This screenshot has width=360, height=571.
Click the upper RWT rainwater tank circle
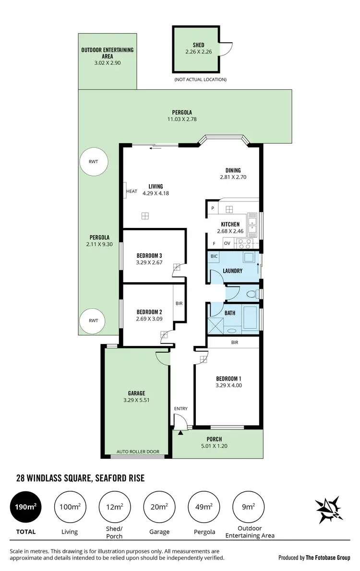pyautogui.click(x=93, y=162)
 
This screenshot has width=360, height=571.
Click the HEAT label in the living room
pyautogui.click(x=132, y=191)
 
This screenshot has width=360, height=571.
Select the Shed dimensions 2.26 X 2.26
pyautogui.click(x=198, y=51)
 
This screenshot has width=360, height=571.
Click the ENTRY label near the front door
pyautogui.click(x=180, y=409)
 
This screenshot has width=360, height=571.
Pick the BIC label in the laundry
pyautogui.click(x=214, y=257)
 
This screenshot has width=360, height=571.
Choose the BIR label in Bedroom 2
pyautogui.click(x=179, y=304)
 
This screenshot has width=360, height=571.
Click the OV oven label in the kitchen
pyautogui.click(x=227, y=243)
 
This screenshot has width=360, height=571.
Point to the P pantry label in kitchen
pyautogui.click(x=212, y=208)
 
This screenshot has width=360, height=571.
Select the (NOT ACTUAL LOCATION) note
pyautogui.click(x=201, y=80)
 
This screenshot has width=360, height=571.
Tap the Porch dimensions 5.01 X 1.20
pyautogui.click(x=214, y=445)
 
